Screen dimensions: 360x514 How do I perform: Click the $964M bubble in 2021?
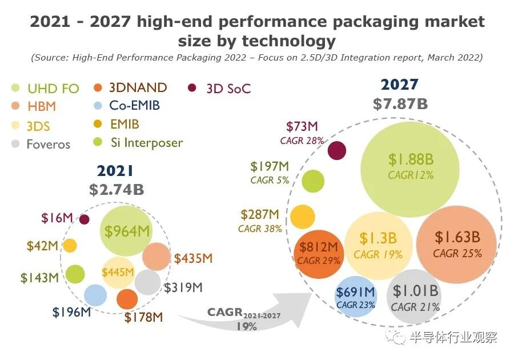[x=126, y=231]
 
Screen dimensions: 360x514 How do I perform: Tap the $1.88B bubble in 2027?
[x=410, y=166]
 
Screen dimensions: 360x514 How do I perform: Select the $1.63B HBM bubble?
[x=457, y=244]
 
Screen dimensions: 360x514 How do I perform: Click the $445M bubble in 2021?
[x=118, y=272]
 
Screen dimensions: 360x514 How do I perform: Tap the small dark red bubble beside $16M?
[x=85, y=219]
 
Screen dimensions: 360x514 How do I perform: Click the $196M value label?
[x=72, y=313]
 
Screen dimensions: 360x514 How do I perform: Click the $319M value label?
[x=183, y=287]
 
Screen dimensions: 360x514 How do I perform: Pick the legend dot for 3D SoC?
[x=192, y=88]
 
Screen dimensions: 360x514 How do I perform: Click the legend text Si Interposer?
[x=146, y=142]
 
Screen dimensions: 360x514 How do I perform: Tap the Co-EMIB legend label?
[x=134, y=106]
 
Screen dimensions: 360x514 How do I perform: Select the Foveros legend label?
[x=48, y=144]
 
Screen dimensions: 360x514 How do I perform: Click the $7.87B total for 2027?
[x=400, y=104]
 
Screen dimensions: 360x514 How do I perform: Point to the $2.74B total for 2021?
[x=117, y=190]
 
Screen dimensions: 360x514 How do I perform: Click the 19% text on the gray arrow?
[x=246, y=327]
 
